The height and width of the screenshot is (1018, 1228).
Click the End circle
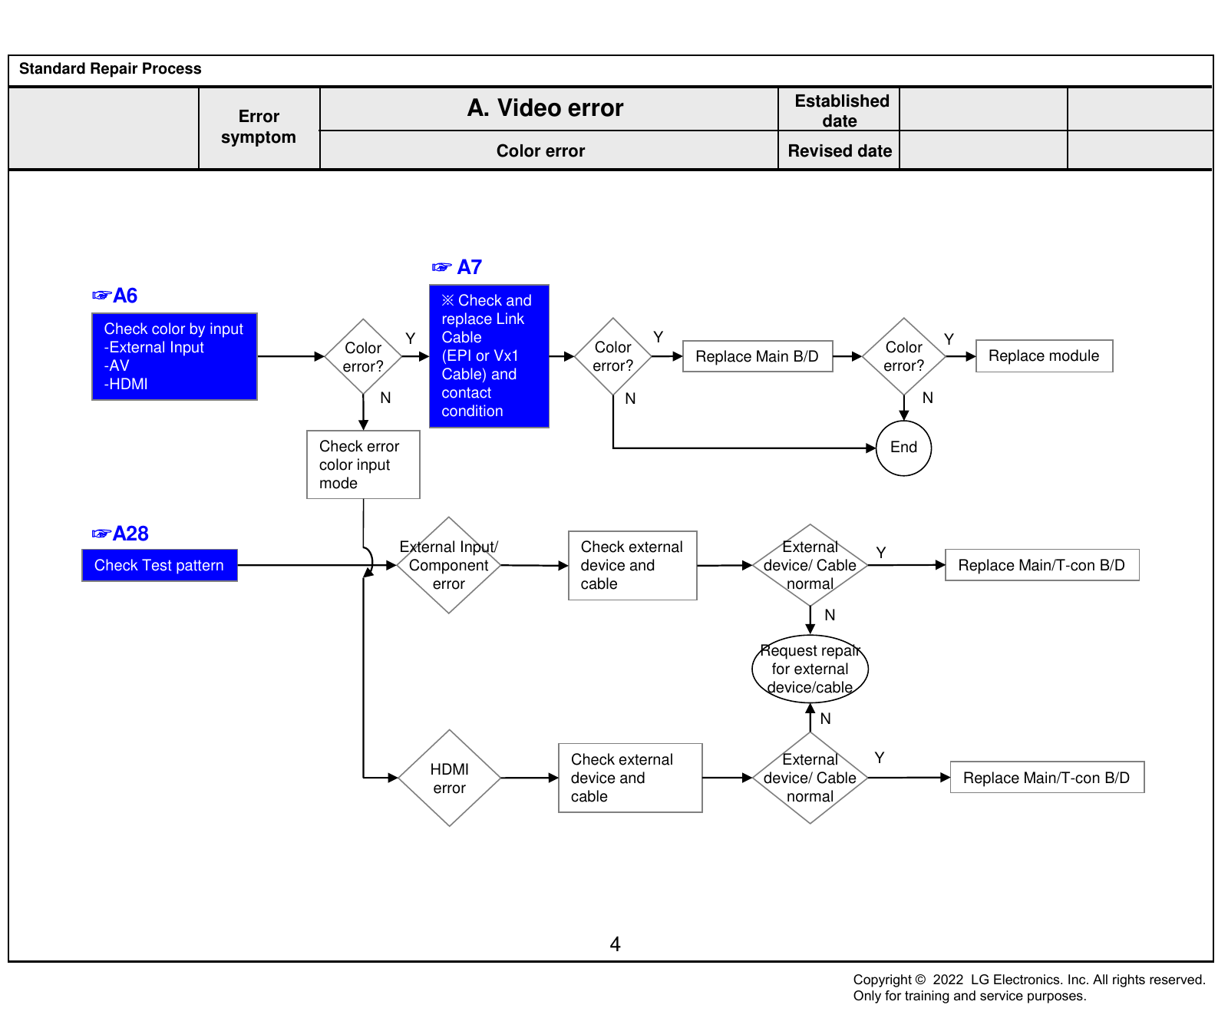[903, 448]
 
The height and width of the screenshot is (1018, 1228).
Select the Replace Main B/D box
[758, 356]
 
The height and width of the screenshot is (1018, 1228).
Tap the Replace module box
[1044, 356]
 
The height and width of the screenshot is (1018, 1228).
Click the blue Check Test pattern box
[160, 565]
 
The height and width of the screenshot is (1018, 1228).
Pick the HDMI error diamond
[449, 778]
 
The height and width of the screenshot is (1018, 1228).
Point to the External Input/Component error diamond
[449, 565]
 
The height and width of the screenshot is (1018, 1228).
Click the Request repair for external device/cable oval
[810, 669]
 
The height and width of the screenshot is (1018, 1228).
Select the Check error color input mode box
[363, 464]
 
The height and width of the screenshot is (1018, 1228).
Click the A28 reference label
[120, 534]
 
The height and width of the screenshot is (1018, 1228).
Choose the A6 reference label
[114, 296]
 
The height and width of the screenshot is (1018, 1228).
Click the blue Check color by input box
[174, 356]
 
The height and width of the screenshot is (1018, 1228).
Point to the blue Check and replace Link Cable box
[489, 356]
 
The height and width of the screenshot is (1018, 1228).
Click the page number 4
[615, 944]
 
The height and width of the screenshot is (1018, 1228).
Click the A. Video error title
[545, 108]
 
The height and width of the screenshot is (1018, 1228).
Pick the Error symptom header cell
[259, 127]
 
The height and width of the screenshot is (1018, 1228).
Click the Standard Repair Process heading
[111, 68]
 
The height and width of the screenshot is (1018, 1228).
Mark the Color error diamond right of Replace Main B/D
[903, 356]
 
